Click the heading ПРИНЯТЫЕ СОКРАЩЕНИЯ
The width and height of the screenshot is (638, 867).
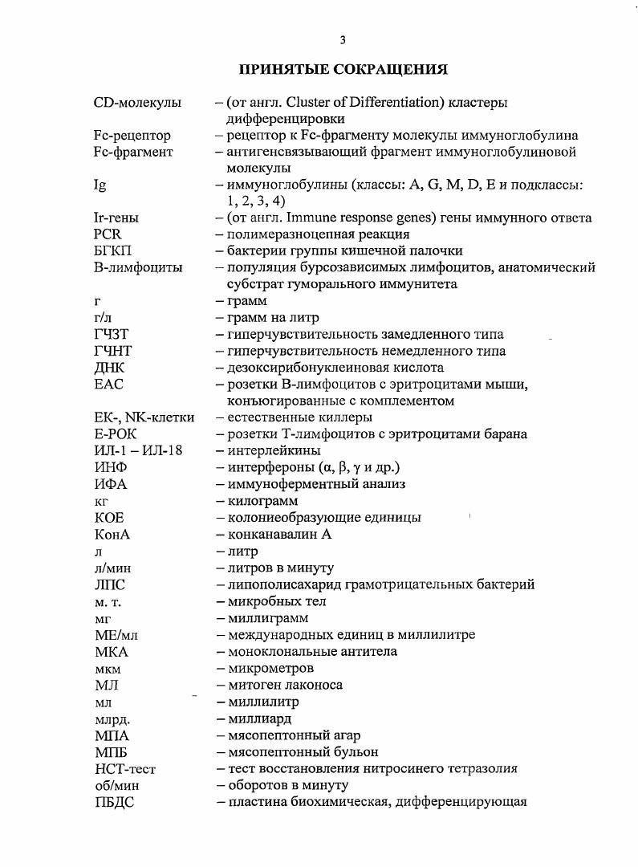(343, 70)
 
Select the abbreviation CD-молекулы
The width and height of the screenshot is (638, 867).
(136, 103)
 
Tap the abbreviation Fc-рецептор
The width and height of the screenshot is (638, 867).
(132, 136)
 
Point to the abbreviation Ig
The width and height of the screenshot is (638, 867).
(100, 185)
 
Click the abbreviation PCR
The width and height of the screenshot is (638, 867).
(108, 234)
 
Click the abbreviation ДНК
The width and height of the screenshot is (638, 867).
(109, 368)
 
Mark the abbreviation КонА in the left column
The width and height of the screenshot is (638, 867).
(112, 534)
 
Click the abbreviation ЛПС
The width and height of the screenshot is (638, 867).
(110, 584)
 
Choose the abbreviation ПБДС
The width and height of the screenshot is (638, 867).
(113, 801)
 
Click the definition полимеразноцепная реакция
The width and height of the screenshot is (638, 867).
(318, 234)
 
